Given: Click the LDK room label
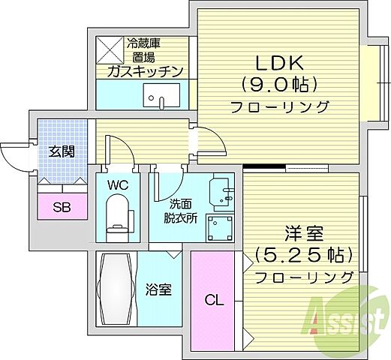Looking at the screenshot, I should pos(281,59).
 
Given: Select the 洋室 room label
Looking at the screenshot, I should pos(303,232).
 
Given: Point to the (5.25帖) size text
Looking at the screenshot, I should pos(303,255).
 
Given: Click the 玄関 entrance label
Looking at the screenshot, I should pos(62,151).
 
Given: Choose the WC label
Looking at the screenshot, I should pos(117,184).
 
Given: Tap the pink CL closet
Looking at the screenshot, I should pos(213,301).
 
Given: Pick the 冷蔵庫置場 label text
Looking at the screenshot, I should pos(144,49).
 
